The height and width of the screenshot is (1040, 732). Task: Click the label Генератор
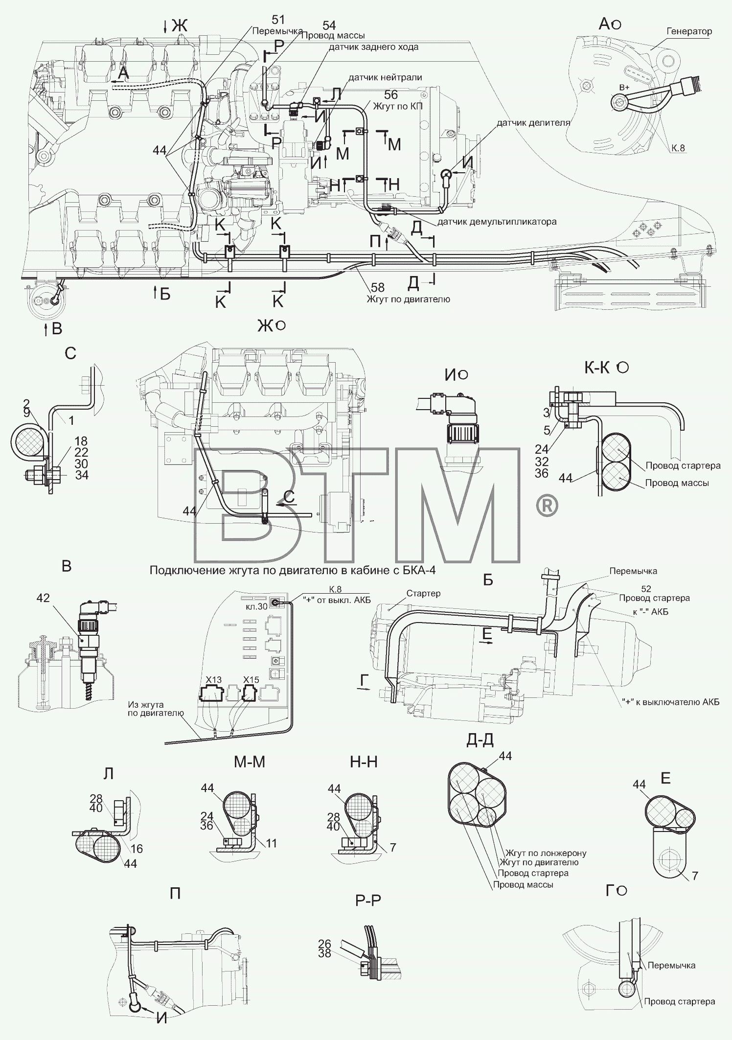(x=689, y=31)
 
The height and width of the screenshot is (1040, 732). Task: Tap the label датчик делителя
(x=533, y=122)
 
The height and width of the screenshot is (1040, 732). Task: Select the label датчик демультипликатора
(x=497, y=221)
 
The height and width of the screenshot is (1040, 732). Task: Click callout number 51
(x=278, y=20)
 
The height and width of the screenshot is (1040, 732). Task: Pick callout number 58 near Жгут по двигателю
(x=378, y=287)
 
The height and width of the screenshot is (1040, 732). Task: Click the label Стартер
(x=423, y=593)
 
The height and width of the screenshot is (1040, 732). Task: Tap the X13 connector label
(x=213, y=679)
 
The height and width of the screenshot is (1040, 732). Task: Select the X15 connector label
(x=251, y=679)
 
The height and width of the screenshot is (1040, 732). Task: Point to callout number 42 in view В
(x=43, y=598)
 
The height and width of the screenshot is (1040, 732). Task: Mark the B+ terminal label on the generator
(x=624, y=87)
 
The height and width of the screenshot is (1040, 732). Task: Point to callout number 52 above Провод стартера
(x=645, y=589)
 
